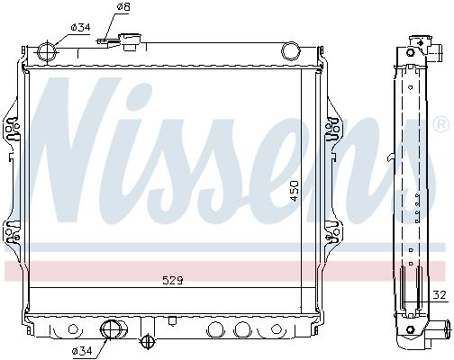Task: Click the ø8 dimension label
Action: click(x=123, y=6)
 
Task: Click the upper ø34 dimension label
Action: click(x=80, y=27)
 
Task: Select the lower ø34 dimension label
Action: click(x=82, y=350)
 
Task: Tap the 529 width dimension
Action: click(x=172, y=281)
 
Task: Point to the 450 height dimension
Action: click(x=295, y=191)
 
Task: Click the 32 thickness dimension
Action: click(x=440, y=295)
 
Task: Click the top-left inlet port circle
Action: click(x=48, y=51)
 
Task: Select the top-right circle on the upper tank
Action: click(x=290, y=50)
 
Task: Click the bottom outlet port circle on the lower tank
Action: click(x=110, y=329)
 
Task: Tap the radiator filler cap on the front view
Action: click(x=131, y=42)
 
